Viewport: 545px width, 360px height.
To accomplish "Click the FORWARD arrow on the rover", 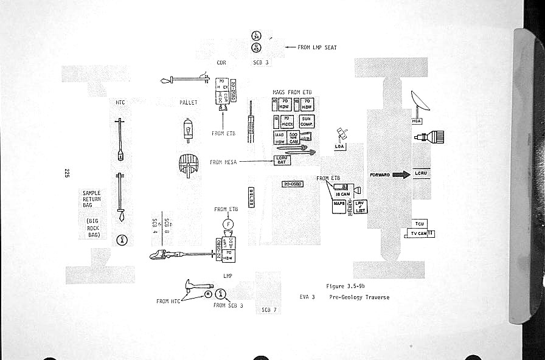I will click(401, 175).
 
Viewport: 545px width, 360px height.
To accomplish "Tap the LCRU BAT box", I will click(282, 161).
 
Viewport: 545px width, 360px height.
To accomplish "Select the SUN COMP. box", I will click(306, 121).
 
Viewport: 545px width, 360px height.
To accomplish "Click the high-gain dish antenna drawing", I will click(420, 103).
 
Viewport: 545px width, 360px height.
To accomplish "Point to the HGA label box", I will click(417, 121).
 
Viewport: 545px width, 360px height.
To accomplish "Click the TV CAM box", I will click(419, 234).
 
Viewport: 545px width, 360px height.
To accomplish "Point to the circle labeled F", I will click(229, 224).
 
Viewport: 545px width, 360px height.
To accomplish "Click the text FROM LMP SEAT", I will click(317, 47).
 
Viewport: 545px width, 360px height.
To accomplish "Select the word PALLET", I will click(189, 103).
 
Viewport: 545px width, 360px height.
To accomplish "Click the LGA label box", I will click(340, 147).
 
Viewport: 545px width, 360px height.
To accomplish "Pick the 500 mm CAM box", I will click(293, 137).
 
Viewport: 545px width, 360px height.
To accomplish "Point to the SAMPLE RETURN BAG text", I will click(92, 199).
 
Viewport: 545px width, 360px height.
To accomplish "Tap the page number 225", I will click(66, 172).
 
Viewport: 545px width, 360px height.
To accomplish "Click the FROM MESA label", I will click(223, 162).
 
